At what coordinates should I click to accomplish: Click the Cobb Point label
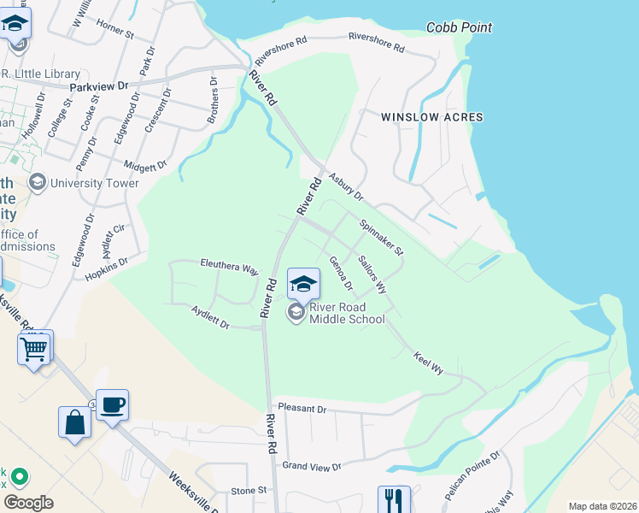459,27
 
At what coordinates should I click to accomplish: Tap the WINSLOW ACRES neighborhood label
431,117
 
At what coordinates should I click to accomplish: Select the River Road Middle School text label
349,313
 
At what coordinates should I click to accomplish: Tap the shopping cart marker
35,347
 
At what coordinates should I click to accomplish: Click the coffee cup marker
112,404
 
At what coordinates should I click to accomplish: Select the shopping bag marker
74,422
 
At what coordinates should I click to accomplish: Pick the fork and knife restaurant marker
394,498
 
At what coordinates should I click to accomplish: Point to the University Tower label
94,182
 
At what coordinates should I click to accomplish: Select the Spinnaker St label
381,238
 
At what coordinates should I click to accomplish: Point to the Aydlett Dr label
210,318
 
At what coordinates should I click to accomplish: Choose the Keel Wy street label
428,363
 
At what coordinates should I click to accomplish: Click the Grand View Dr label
312,466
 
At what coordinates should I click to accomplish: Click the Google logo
28,502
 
